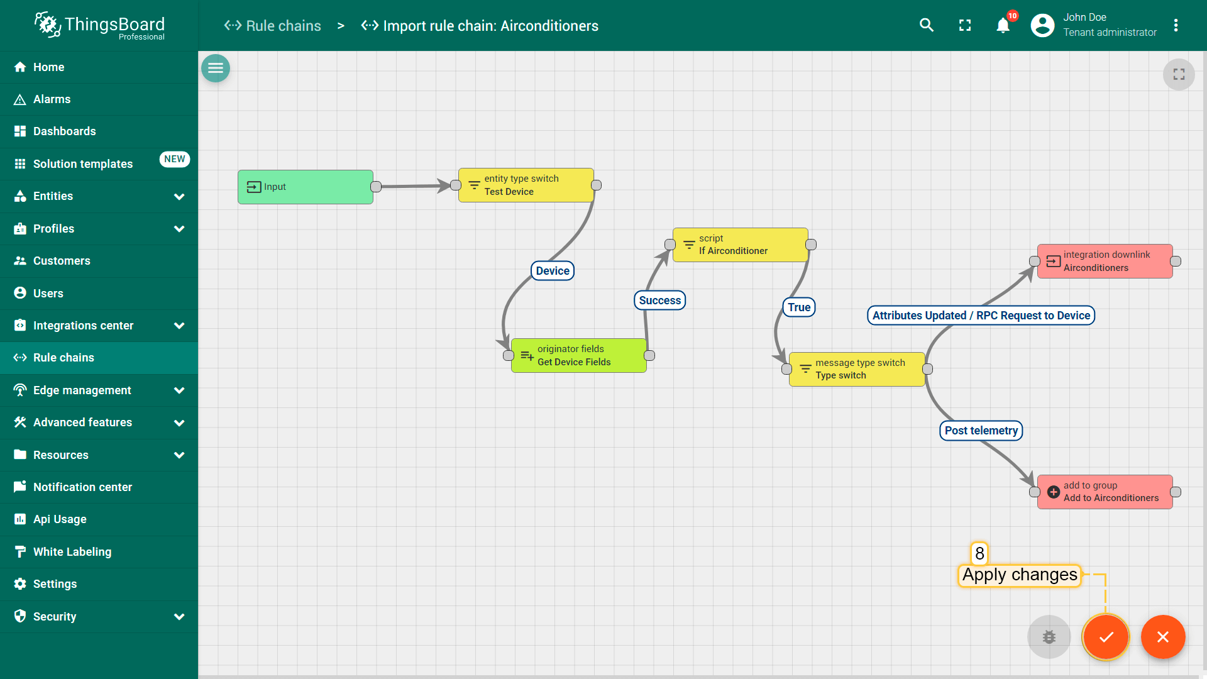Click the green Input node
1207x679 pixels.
[306, 187]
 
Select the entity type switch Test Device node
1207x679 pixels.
[526, 185]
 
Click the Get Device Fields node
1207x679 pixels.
[579, 355]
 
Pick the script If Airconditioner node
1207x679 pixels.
[741, 245]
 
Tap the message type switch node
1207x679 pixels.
[857, 369]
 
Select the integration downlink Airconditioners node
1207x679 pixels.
[1105, 261]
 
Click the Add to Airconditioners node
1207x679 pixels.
[1105, 492]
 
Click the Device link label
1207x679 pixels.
[553, 271]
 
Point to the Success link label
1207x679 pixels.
[660, 301]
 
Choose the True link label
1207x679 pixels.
[799, 307]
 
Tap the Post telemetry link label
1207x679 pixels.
[981, 431]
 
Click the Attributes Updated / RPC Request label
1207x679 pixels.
[981, 316]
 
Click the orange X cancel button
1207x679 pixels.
[1163, 637]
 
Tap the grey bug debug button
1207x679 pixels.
[1049, 637]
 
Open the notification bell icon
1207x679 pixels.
[1003, 25]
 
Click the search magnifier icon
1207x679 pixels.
[927, 25]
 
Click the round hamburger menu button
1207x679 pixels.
[216, 68]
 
